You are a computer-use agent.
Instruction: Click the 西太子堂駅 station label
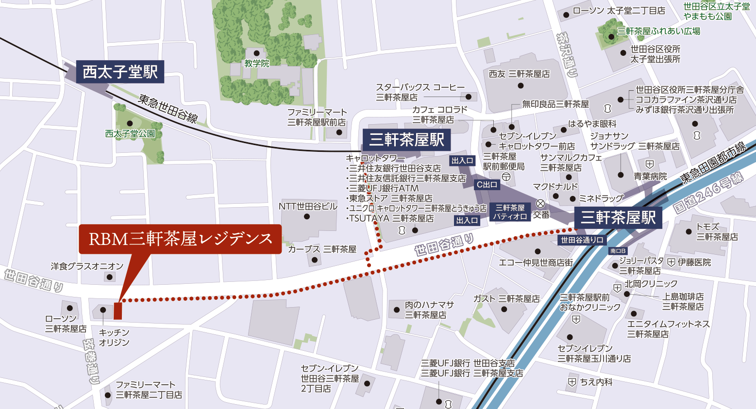pos(120,72)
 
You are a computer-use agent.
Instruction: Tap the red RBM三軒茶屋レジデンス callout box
pos(180,239)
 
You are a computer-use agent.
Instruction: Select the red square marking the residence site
pos(118,311)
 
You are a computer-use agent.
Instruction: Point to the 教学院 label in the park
pos(256,64)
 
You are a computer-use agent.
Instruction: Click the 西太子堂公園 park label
pos(130,133)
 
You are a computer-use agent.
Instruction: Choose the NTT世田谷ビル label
pos(308,206)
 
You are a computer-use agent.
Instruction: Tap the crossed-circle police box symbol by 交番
pos(540,204)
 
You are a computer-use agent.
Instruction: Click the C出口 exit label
pos(487,184)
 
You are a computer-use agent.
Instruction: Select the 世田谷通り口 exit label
pos(582,240)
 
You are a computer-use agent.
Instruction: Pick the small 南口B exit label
pos(618,251)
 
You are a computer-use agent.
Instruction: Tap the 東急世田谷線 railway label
pos(168,108)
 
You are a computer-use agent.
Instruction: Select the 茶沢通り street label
pos(567,55)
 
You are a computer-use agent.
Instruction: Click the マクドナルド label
pos(555,187)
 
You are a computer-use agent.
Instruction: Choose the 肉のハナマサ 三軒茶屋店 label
pos(429,310)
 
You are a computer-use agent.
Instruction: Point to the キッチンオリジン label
pos(114,337)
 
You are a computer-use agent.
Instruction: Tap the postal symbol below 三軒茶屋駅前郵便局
pos(505,176)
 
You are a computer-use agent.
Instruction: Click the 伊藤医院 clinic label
pos(694,262)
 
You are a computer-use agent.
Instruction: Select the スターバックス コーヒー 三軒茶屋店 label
pos(420,92)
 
